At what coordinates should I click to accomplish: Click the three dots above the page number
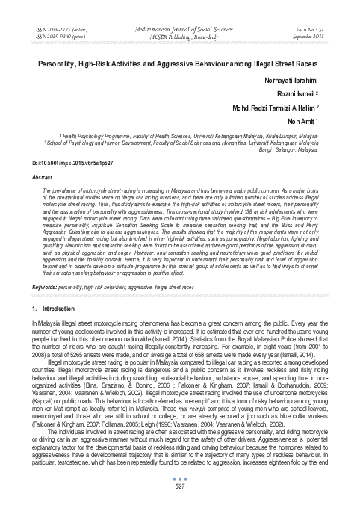click(x=179, y=480)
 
